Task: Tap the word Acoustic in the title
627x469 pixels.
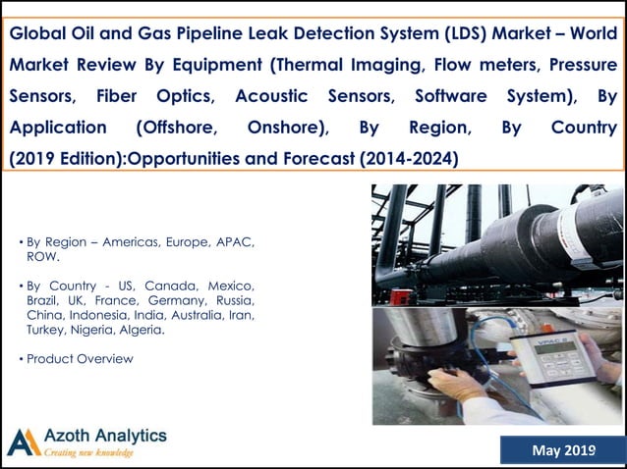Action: [x=271, y=96]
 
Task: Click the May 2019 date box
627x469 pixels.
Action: [x=562, y=450]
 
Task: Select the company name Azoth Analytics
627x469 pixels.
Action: [x=105, y=435]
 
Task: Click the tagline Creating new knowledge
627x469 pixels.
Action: [x=88, y=453]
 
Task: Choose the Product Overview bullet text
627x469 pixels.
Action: [x=80, y=359]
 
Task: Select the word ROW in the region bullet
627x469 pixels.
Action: [x=42, y=256]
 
